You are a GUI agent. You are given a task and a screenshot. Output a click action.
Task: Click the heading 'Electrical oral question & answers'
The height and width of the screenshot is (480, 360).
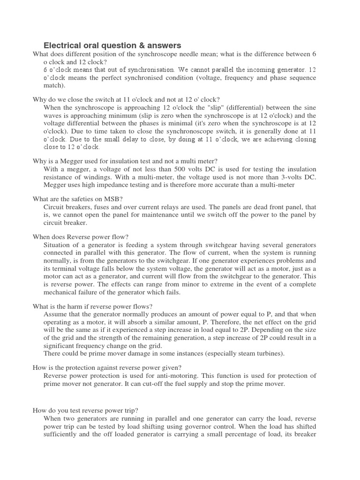pyautogui.click(x=112, y=45)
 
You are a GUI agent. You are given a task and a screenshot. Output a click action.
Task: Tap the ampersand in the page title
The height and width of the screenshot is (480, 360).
pyautogui.click(x=150, y=45)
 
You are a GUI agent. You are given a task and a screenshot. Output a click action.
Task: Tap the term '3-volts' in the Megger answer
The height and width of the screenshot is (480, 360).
pyautogui.click(x=289, y=177)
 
